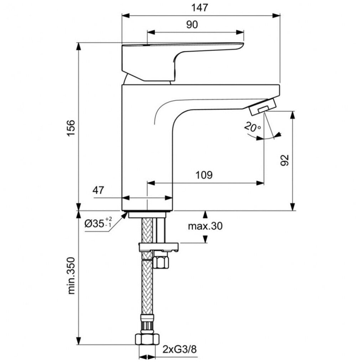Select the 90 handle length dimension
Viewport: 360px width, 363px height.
point(192,24)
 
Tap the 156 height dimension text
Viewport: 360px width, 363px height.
point(71,128)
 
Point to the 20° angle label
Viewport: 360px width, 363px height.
point(252,127)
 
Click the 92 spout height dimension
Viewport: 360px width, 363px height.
point(285,160)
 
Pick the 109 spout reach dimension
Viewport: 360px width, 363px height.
point(204,175)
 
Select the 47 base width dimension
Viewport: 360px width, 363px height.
point(98,190)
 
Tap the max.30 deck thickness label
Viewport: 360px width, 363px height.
point(205,226)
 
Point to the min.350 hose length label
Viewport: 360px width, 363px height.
point(72,275)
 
